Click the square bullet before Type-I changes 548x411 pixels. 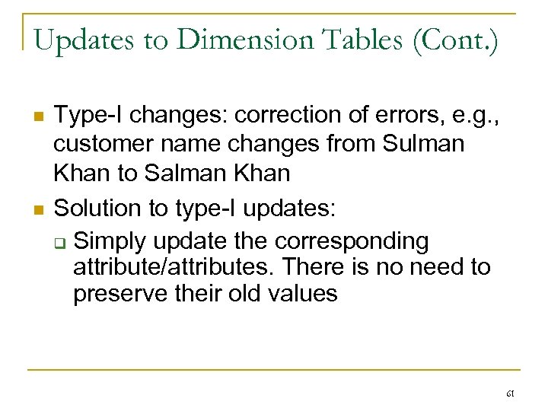(x=36, y=116)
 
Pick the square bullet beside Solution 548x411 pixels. (x=36, y=208)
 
